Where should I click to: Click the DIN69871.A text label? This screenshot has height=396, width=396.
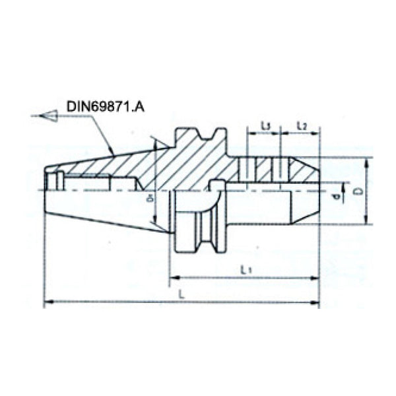tap(105, 105)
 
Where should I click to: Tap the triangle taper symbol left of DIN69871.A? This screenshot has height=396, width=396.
tap(48, 116)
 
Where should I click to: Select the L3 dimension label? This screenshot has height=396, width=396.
tap(264, 125)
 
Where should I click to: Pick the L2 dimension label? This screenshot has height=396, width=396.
tap(300, 125)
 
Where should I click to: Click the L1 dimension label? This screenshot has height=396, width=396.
tap(245, 269)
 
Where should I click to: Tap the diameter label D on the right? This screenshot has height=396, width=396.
tap(357, 191)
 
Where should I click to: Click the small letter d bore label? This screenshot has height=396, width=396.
tap(337, 196)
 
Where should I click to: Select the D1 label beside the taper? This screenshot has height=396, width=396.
tap(150, 197)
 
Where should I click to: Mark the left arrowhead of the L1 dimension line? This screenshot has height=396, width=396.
tap(175, 278)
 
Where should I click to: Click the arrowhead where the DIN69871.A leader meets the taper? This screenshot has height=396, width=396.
tap(115, 153)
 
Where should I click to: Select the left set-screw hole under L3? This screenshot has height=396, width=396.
tap(251, 170)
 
